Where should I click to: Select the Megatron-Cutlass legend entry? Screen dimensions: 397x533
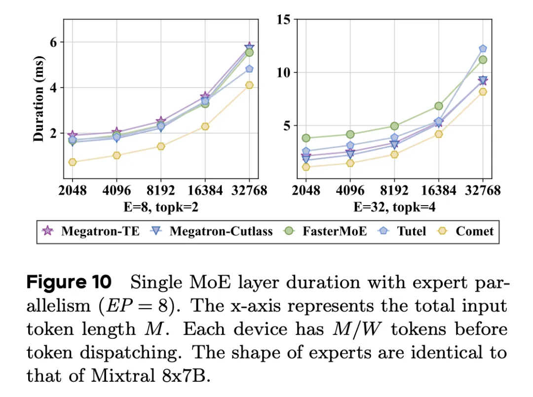tap(212, 231)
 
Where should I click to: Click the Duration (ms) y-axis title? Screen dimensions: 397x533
tap(39, 99)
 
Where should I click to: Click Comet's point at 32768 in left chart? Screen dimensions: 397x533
tap(249, 85)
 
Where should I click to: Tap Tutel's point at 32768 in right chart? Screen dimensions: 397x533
tap(483, 48)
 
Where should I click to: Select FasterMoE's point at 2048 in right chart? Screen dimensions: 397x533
tap(306, 138)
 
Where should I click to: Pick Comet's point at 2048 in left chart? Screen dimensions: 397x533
tap(73, 162)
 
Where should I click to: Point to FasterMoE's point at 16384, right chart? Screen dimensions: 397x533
tap(438, 106)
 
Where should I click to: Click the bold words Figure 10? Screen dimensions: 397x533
tap(69, 283)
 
